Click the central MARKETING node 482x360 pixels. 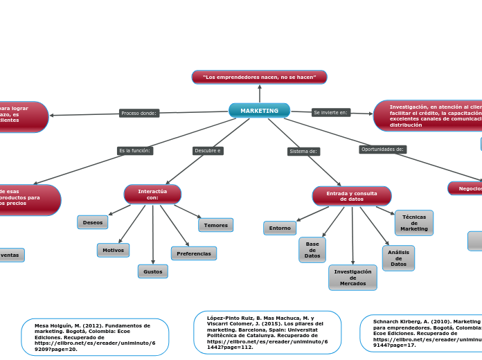(259, 111)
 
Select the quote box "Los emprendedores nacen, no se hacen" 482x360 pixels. (259, 77)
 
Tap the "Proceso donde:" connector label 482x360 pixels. (139, 113)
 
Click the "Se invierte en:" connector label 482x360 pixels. (331, 112)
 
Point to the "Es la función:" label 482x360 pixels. (135, 150)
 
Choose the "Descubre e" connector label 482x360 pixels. (208, 150)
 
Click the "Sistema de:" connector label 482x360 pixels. (303, 151)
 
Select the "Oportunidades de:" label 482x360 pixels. (383, 149)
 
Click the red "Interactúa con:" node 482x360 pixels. (152, 195)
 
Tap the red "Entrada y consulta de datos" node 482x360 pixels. (352, 196)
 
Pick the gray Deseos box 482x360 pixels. (93, 222)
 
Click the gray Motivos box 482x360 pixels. (113, 250)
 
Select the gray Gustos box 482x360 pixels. (152, 271)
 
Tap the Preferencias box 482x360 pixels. (194, 253)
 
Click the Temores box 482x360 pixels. (215, 225)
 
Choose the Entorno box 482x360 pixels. (280, 228)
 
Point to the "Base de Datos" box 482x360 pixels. (312, 250)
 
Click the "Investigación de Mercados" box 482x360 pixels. (352, 278)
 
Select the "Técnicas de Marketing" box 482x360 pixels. (414, 223)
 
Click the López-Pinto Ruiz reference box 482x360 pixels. (267, 332)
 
